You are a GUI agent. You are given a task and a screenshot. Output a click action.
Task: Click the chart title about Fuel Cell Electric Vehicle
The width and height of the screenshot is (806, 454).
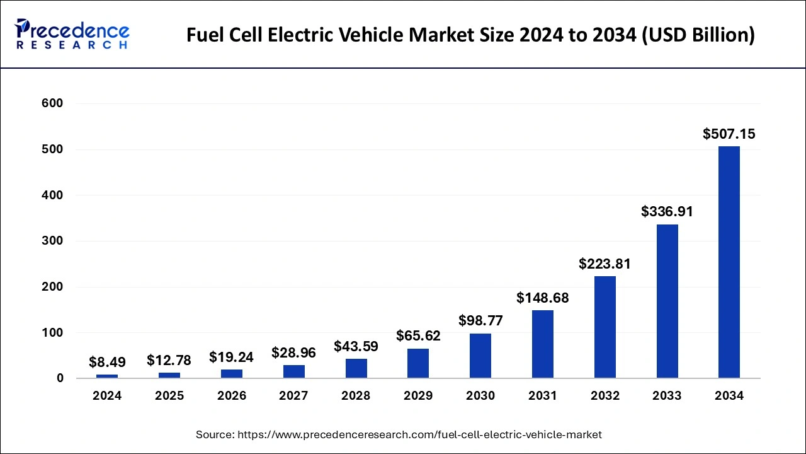pos(470,35)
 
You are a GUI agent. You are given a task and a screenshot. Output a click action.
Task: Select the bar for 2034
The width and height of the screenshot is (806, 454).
pos(729,262)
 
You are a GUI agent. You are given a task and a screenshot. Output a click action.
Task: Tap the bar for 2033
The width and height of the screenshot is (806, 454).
pos(667,301)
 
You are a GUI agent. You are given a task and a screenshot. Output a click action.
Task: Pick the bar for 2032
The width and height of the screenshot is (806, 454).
pos(604,327)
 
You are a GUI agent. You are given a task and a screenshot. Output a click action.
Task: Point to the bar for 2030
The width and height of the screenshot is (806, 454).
pos(480,356)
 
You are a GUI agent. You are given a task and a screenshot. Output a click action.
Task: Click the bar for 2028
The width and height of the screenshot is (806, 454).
pos(356,368)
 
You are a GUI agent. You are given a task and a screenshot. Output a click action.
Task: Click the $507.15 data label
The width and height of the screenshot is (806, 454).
pos(729,134)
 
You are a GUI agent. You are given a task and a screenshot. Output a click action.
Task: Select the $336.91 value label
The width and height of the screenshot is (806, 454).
pos(667,212)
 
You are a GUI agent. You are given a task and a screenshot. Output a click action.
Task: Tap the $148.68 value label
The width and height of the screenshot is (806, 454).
pos(542,298)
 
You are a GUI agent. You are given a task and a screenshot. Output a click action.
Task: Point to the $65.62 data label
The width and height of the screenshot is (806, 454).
pos(418,335)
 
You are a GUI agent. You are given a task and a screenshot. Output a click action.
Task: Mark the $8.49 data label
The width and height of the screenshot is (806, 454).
pos(107,362)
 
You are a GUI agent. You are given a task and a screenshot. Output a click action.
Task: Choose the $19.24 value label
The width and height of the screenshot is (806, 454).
pos(231,357)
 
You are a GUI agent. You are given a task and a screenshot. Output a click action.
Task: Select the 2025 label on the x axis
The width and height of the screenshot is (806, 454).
pos(169,396)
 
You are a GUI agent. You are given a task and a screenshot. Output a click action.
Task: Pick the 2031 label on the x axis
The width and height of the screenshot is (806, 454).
pos(542,396)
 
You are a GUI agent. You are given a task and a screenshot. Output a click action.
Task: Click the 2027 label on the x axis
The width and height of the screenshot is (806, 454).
pos(293,396)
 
